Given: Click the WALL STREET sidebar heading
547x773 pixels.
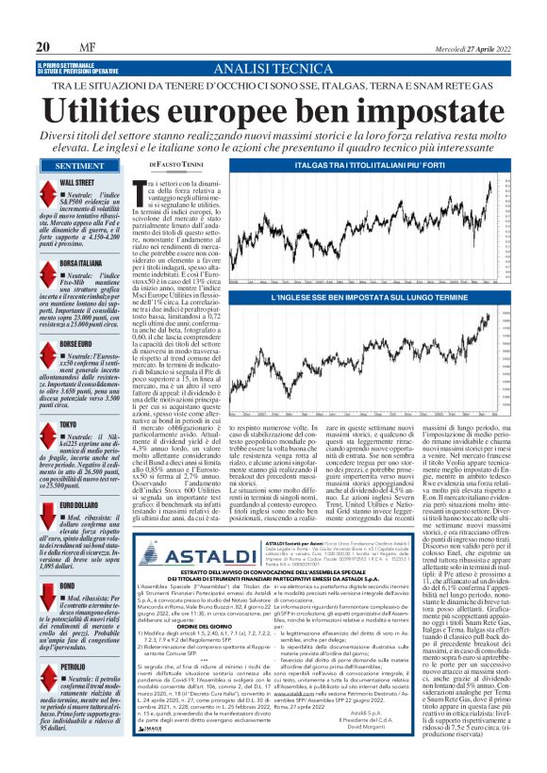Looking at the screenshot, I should coord(78,181).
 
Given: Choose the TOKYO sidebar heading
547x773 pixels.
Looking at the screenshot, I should coord(71,424).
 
